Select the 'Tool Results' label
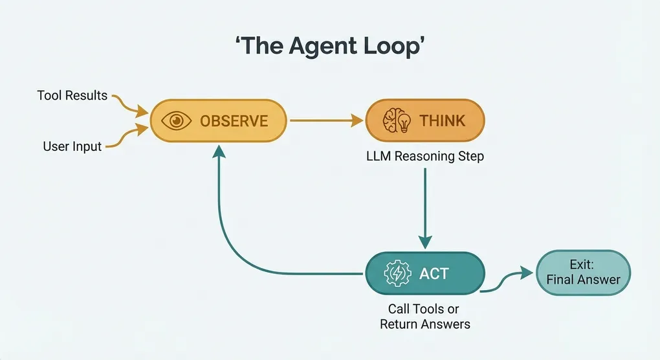[x=72, y=96]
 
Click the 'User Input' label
[x=72, y=146]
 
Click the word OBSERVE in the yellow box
[x=234, y=120]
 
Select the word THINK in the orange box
[x=443, y=120]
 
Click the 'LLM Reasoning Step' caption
[x=424, y=156]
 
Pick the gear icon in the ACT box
[x=397, y=273]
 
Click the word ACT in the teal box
[x=434, y=273]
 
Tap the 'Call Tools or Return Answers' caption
[x=424, y=317]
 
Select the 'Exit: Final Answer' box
[x=583, y=273]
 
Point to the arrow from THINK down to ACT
[x=424, y=207]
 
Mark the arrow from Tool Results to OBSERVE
[x=128, y=104]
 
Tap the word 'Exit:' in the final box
[x=583, y=264]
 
